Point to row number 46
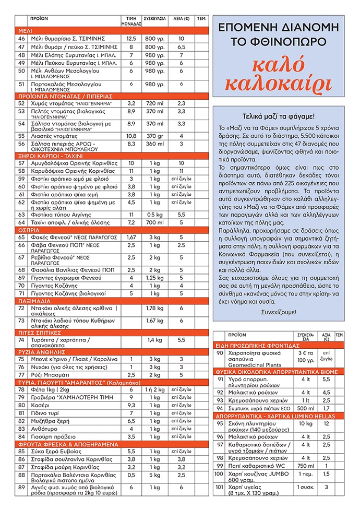21,39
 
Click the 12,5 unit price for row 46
131,39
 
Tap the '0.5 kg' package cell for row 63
154,215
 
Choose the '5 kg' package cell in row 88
154,475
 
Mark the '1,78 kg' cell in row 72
154,308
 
